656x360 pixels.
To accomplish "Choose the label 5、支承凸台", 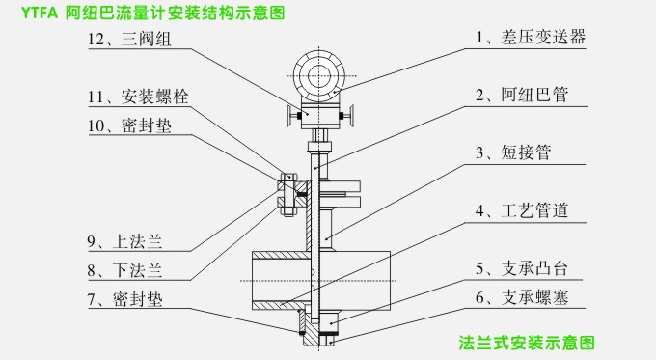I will pos(526,268).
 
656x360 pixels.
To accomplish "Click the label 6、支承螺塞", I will pos(526,298).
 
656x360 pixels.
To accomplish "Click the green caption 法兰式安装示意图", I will pos(526,343).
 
